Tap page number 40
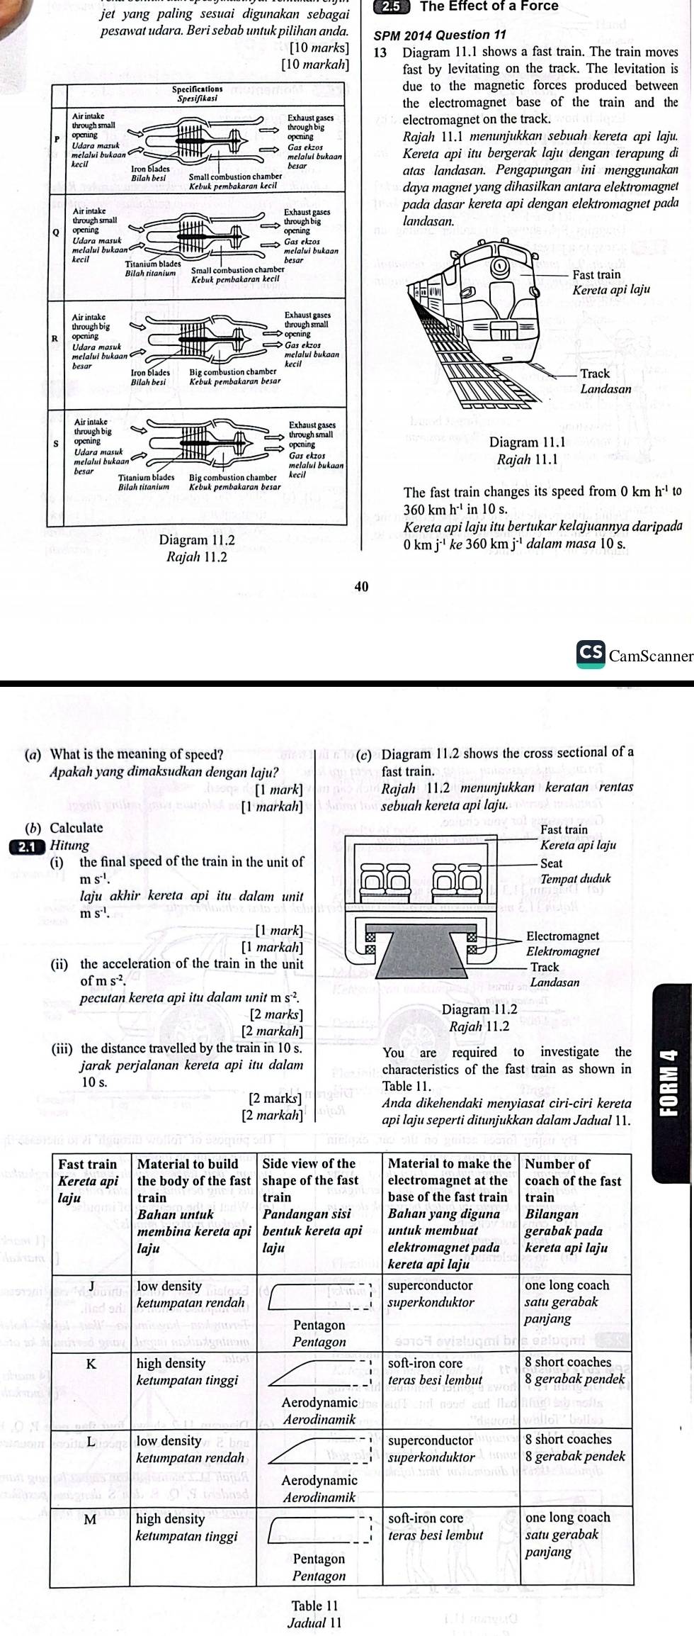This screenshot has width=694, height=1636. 360,586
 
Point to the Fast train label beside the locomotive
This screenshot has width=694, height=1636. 596,275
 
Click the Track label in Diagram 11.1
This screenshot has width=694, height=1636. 595,374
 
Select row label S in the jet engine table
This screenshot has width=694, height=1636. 56,442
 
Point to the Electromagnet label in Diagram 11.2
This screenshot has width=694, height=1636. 563,936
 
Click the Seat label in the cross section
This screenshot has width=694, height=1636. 551,863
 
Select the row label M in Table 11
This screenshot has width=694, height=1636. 91,1519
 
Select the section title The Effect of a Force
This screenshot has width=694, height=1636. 489,6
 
